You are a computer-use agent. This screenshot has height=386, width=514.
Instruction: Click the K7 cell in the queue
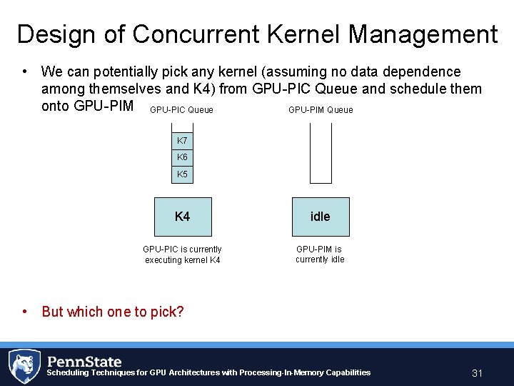(183, 141)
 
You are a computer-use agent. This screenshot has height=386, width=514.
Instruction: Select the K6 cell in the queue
(183, 157)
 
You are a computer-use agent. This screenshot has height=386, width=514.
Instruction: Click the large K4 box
(183, 217)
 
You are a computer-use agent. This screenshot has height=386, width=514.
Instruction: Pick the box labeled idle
(321, 217)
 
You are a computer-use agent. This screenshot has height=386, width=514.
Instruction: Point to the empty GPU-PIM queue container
(321, 153)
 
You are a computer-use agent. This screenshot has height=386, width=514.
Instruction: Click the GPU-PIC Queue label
(181, 110)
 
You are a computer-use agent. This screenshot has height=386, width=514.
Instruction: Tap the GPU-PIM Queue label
(321, 110)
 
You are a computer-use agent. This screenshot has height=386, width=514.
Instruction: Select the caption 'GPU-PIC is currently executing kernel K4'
(183, 254)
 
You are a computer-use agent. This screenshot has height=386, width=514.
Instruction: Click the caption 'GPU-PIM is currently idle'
(320, 254)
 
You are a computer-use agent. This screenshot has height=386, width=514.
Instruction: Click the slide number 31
(478, 373)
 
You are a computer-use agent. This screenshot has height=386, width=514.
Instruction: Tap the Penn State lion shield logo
(24, 366)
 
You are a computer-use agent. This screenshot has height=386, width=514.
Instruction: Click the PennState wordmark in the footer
(84, 361)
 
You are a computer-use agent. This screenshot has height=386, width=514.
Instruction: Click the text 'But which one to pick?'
(113, 312)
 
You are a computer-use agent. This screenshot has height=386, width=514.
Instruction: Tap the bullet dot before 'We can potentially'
(25, 71)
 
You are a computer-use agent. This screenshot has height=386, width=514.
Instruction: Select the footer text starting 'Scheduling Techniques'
(208, 372)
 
